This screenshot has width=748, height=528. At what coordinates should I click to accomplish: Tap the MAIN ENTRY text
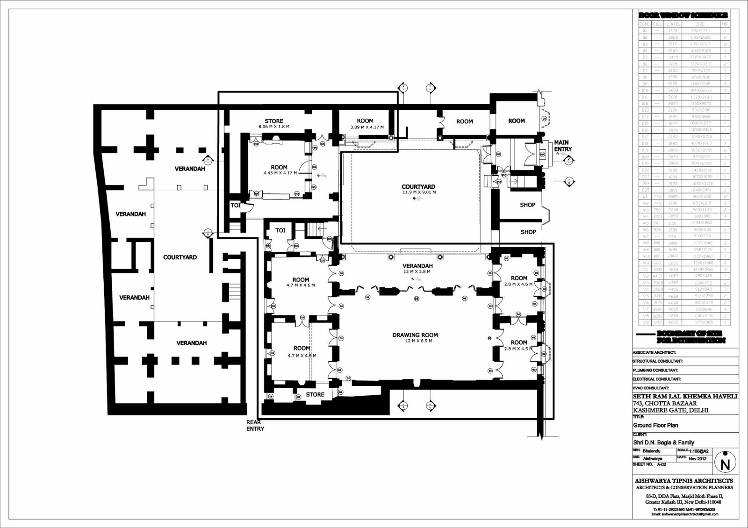tap(562, 146)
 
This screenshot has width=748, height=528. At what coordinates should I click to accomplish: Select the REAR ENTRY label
tap(255, 425)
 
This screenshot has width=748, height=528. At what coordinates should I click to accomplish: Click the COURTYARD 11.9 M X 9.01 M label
tap(418, 189)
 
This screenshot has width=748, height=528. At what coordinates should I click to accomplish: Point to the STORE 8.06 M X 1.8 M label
tap(274, 123)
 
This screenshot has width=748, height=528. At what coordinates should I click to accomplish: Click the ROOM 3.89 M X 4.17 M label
tap(366, 123)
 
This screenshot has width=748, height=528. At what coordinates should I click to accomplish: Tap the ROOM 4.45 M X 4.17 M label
tap(279, 170)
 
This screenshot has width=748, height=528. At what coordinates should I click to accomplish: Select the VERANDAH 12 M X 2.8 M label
tap(417, 268)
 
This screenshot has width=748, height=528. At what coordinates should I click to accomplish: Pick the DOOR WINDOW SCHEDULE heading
tap(683, 15)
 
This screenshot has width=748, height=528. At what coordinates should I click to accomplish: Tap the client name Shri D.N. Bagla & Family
tap(663, 442)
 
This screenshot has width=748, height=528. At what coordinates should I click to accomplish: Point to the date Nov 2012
tap(698, 458)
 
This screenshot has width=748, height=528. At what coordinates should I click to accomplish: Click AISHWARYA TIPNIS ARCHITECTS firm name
tap(683, 480)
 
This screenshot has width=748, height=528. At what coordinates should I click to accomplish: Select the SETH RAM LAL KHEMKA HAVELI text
tap(685, 396)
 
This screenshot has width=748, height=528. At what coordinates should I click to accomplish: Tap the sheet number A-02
tap(661, 464)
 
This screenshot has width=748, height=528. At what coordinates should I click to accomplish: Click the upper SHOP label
tap(527, 205)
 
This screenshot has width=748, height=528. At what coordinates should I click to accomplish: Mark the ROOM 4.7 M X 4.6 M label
tap(301, 282)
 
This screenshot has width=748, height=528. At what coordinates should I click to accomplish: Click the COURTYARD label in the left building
tap(180, 257)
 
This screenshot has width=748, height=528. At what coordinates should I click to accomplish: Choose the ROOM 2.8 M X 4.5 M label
tap(518, 345)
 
